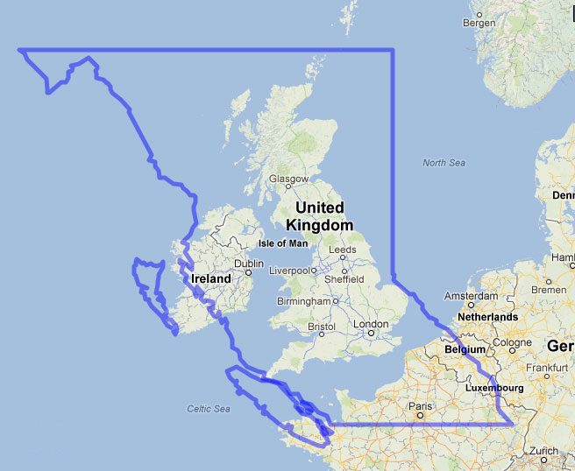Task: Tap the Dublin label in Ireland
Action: click(249, 263)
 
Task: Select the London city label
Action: click(370, 324)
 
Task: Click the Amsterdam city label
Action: click(472, 296)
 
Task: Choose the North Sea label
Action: click(444, 163)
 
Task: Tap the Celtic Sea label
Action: click(208, 409)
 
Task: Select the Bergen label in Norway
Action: click(479, 24)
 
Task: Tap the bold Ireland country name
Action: click(211, 278)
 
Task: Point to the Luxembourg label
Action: click(496, 387)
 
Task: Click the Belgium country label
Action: click(465, 348)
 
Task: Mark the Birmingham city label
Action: click(301, 300)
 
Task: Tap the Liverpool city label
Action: click(290, 271)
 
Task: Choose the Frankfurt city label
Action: click(549, 368)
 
